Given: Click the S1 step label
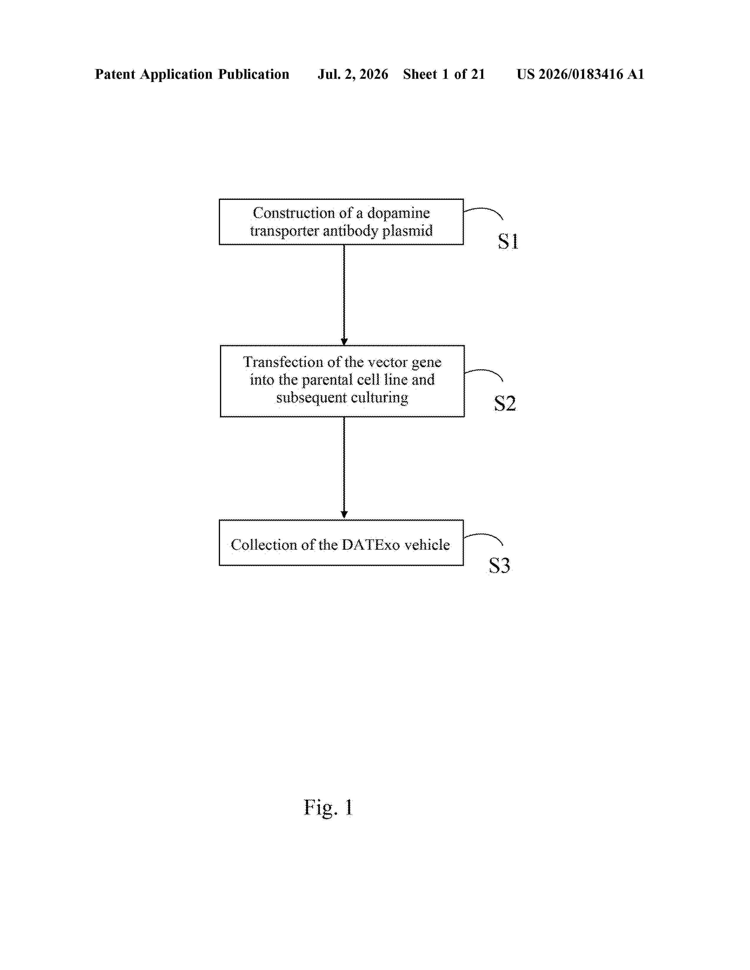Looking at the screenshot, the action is click(x=508, y=242).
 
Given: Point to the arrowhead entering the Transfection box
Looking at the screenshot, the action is click(x=344, y=342).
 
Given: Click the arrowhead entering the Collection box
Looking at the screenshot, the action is click(x=344, y=515).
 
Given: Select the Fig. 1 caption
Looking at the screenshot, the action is click(x=328, y=807).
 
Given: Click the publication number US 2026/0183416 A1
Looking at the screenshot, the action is click(x=580, y=74).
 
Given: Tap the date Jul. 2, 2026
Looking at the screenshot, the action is click(x=353, y=74).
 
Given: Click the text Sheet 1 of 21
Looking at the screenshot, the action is click(x=444, y=74).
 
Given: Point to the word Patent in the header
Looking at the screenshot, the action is click(x=115, y=74).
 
